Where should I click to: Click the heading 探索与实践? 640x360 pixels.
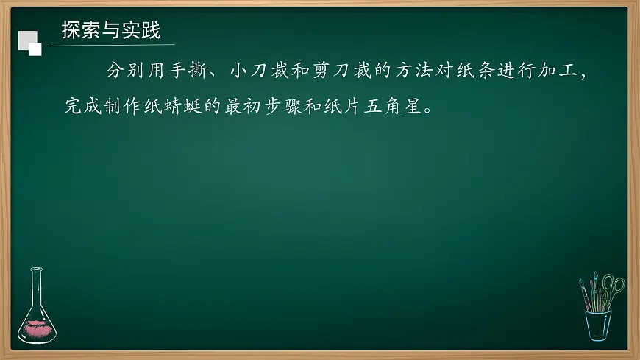coord(111,31)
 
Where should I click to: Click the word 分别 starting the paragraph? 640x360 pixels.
coord(121,72)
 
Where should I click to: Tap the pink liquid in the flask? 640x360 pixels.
coord(36,329)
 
